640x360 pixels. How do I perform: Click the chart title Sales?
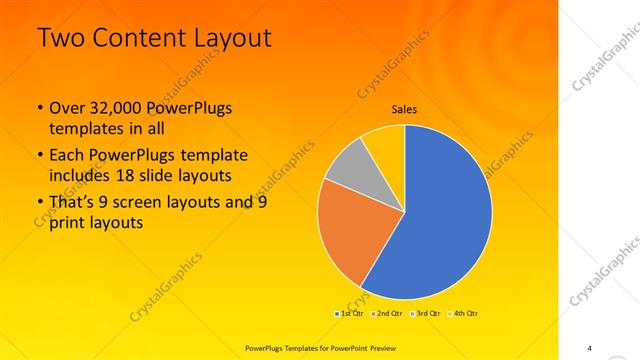404,109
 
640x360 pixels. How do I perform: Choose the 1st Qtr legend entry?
349,313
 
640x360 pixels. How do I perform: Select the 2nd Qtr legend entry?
389,313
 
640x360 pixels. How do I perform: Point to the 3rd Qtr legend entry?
427,313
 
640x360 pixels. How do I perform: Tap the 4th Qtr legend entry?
465,313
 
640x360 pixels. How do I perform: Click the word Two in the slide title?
61,39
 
